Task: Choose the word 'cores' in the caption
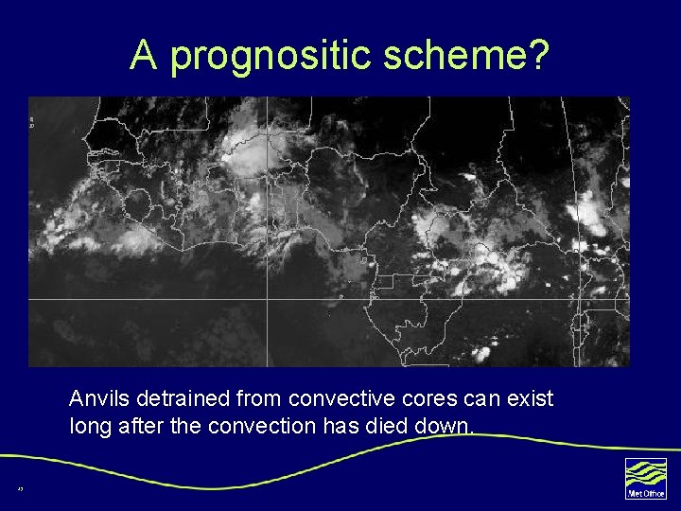click(419, 398)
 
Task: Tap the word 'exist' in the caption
click(531, 398)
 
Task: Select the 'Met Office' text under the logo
click(645, 493)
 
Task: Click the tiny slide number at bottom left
click(19, 488)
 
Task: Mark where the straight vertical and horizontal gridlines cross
click(268, 299)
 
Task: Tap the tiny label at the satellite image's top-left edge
click(32, 121)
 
